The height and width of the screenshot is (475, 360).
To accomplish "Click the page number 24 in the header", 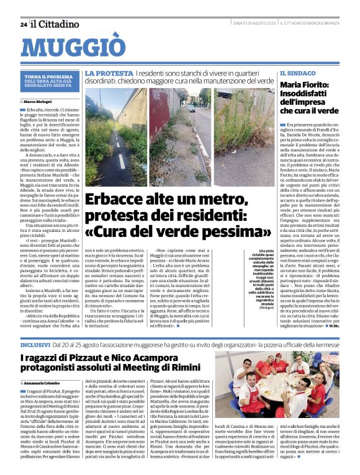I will pyautogui.click(x=23, y=24).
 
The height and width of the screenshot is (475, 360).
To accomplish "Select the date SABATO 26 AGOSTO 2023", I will pyautogui.click(x=254, y=24).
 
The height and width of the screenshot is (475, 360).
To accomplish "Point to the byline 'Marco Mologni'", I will pyautogui.click(x=40, y=100).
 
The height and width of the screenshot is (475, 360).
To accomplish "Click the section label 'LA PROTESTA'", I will pyautogui.click(x=109, y=73).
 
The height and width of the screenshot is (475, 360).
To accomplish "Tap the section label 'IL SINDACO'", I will pyautogui.click(x=295, y=73).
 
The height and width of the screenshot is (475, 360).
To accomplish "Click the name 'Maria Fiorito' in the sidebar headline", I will pyautogui.click(x=307, y=85).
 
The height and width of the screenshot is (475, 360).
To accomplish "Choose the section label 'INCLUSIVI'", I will pyautogui.click(x=35, y=343).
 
